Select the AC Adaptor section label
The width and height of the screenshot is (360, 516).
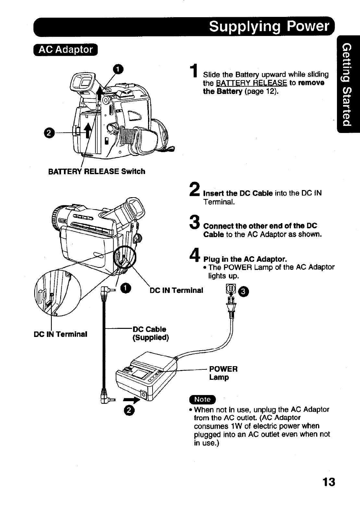(x=66, y=50)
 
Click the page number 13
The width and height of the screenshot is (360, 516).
(x=329, y=482)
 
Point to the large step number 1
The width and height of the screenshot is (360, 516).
(x=194, y=71)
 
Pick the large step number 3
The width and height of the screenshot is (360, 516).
(x=194, y=223)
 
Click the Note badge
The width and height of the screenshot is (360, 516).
(x=202, y=399)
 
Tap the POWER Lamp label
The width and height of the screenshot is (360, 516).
(x=223, y=373)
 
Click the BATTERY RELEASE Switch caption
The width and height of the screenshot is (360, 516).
(x=96, y=171)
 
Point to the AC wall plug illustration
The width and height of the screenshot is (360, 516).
(x=231, y=302)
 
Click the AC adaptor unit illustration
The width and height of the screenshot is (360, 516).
(x=146, y=378)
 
